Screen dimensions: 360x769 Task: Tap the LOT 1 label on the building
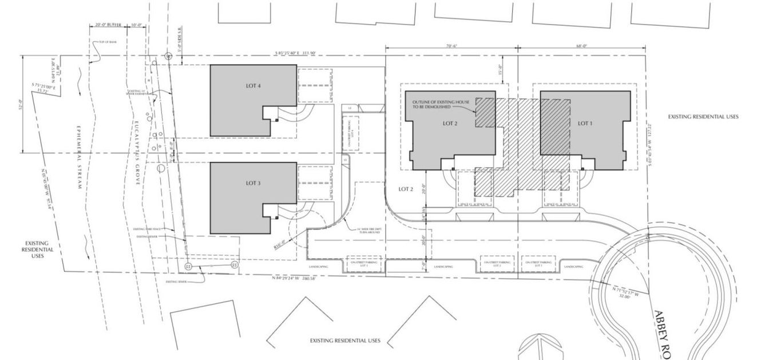pos(584,123)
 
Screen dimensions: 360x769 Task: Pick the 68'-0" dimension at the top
pos(581,46)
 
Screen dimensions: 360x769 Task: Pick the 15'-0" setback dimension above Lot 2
pos(501,69)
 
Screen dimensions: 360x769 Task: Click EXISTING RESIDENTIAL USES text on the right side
pos(703,117)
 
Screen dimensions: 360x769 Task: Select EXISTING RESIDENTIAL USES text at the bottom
pos(345,341)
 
